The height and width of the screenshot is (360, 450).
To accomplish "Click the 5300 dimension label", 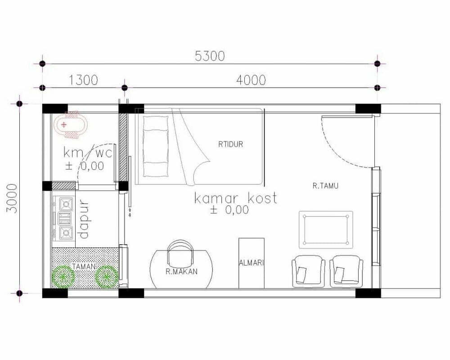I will click(x=210, y=56).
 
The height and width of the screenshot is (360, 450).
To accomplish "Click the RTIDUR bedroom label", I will click(x=230, y=144).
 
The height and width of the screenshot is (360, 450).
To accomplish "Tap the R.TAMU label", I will click(x=325, y=185).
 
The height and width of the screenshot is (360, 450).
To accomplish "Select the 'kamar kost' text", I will click(x=235, y=198).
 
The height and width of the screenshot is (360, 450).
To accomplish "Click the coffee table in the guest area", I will click(x=326, y=229).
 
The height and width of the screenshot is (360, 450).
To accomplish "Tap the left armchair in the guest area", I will click(x=308, y=272).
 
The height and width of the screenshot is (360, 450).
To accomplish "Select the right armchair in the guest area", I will click(x=346, y=272).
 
